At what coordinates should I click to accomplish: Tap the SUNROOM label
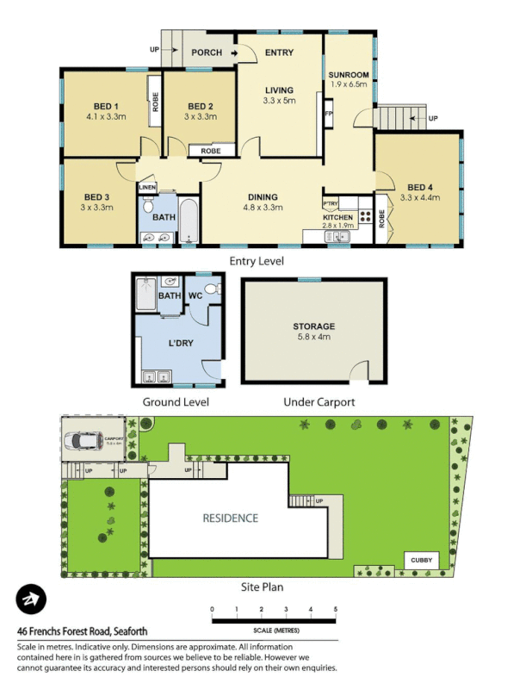click(348, 75)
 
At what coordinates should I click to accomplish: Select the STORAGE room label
click(313, 326)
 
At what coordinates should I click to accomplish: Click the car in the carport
click(90, 441)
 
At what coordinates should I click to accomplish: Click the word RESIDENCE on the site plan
click(230, 518)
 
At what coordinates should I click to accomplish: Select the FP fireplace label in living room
click(328, 114)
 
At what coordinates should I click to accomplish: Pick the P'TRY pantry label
click(331, 203)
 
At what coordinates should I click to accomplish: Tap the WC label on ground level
click(195, 296)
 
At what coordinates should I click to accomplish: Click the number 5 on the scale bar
click(335, 610)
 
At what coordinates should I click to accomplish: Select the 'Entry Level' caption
click(256, 261)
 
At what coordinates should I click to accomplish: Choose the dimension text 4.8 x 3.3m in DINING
click(263, 208)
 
